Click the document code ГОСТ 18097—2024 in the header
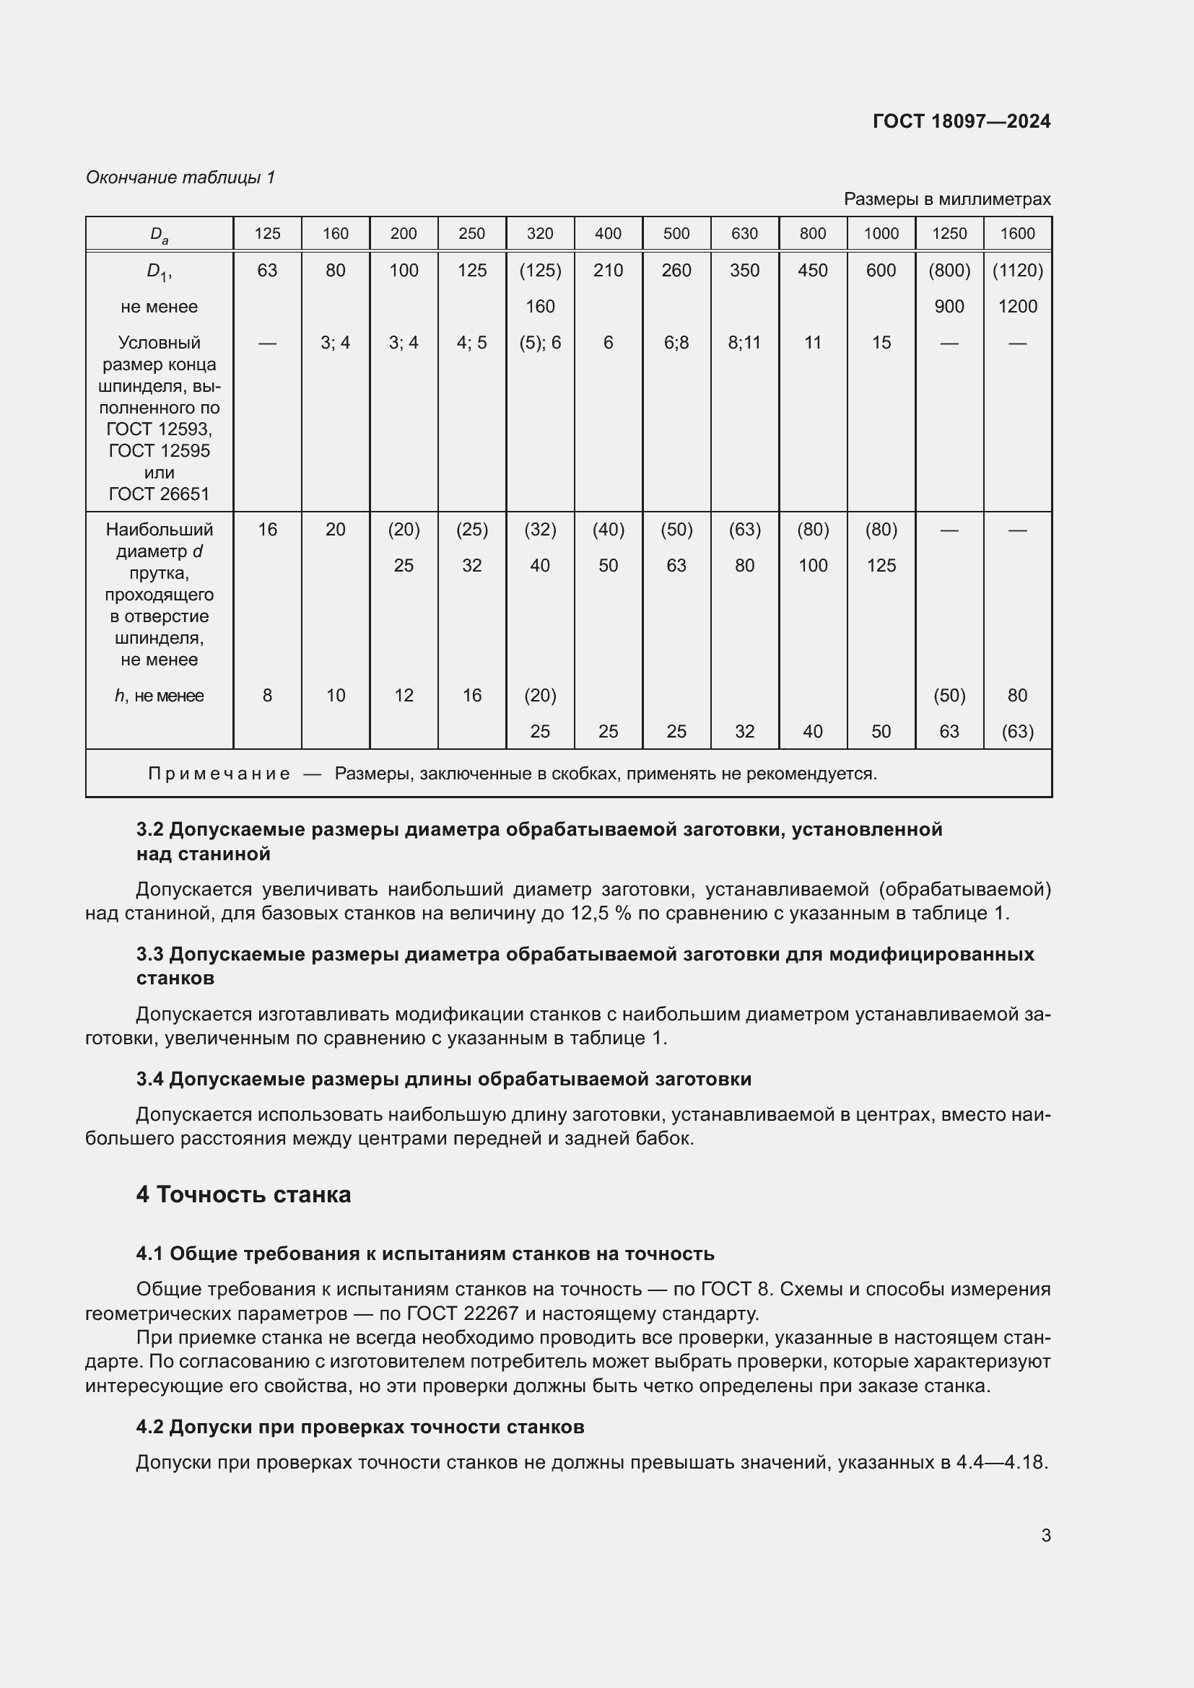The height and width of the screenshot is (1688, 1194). point(961,121)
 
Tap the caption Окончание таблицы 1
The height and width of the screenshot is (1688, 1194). point(180,178)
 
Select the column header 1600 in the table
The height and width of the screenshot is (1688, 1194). point(1017,234)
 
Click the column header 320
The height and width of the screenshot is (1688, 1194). point(540,234)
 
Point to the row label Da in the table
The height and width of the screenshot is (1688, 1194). point(160,235)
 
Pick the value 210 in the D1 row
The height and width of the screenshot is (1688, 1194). point(608,271)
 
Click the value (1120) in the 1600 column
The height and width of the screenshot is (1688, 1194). point(1017,271)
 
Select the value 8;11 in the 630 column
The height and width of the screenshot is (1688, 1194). point(744,343)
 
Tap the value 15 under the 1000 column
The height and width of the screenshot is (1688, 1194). point(881,343)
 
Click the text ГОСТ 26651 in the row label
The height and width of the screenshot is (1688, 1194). point(160,494)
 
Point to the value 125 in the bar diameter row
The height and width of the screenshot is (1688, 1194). point(881,565)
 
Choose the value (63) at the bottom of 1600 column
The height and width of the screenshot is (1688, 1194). point(1017,732)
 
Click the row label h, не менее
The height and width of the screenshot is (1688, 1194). point(160,696)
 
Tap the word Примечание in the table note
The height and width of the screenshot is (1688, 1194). point(219,774)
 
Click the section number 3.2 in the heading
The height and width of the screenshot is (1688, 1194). point(150,829)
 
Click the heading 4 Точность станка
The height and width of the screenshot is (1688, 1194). point(243,1194)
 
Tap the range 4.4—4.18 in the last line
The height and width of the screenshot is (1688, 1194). point(1001,1461)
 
